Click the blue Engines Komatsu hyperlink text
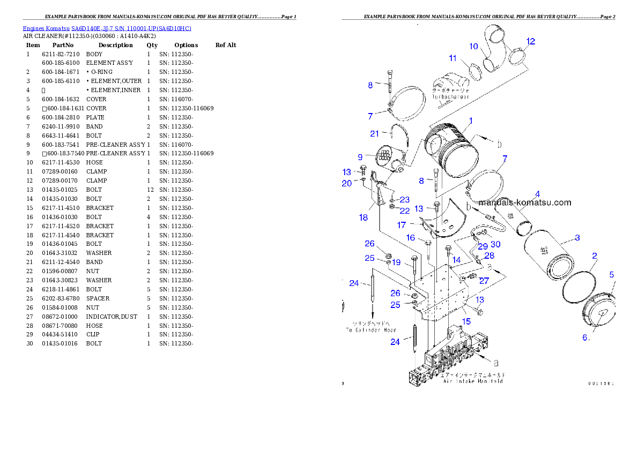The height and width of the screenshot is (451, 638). [x=107, y=28]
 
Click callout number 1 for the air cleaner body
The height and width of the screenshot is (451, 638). [x=470, y=121]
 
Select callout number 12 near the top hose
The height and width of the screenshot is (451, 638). [x=530, y=41]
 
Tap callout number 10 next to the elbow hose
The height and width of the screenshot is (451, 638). [x=473, y=47]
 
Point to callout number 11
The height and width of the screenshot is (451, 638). [x=453, y=58]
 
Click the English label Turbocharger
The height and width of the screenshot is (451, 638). [x=451, y=97]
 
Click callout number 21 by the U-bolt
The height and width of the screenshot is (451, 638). [x=374, y=133]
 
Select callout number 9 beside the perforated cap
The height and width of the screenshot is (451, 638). [x=360, y=157]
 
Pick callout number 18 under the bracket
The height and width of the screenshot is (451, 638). [x=363, y=217]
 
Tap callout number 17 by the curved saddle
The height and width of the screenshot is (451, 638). [x=402, y=225]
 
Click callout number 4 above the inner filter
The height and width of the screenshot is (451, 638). [x=537, y=194]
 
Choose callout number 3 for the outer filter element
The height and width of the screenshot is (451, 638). [x=577, y=238]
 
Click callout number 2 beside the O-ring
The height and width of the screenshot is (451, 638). [x=595, y=256]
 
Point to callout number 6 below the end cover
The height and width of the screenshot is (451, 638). [x=587, y=337]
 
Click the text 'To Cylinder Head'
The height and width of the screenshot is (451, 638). [x=370, y=330]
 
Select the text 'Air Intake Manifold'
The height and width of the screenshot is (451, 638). [x=473, y=381]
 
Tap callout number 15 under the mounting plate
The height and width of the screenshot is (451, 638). [x=466, y=321]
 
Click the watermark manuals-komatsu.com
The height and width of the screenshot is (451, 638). [x=525, y=202]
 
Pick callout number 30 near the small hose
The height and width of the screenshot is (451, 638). [x=495, y=244]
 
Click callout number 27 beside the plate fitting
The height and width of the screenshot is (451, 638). [x=484, y=280]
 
